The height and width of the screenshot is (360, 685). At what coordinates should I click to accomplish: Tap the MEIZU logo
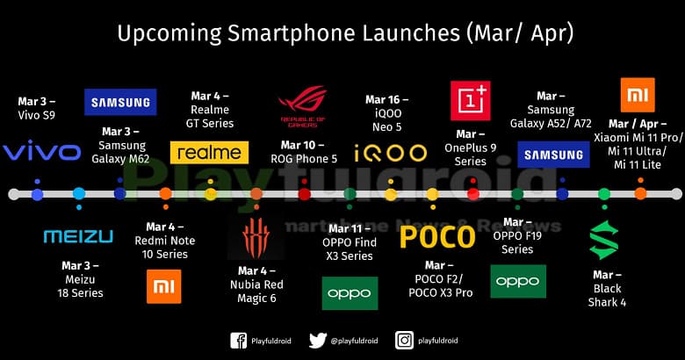point(78,236)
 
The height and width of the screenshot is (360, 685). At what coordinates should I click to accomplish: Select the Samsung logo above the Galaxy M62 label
point(120,102)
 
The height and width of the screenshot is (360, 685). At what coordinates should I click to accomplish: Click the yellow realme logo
point(211,152)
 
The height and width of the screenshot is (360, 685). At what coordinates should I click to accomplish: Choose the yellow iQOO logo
point(390,154)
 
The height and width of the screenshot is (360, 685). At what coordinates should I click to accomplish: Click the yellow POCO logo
point(438,237)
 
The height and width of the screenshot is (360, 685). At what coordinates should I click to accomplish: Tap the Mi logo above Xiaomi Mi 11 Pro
point(637,95)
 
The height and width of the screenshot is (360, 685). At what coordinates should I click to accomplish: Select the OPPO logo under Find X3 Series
point(350,293)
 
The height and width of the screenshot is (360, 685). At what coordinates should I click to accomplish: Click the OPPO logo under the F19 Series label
point(517,281)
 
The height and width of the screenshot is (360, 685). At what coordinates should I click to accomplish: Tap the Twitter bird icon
point(318,341)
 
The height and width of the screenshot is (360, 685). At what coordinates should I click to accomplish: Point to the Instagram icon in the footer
point(404,341)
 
